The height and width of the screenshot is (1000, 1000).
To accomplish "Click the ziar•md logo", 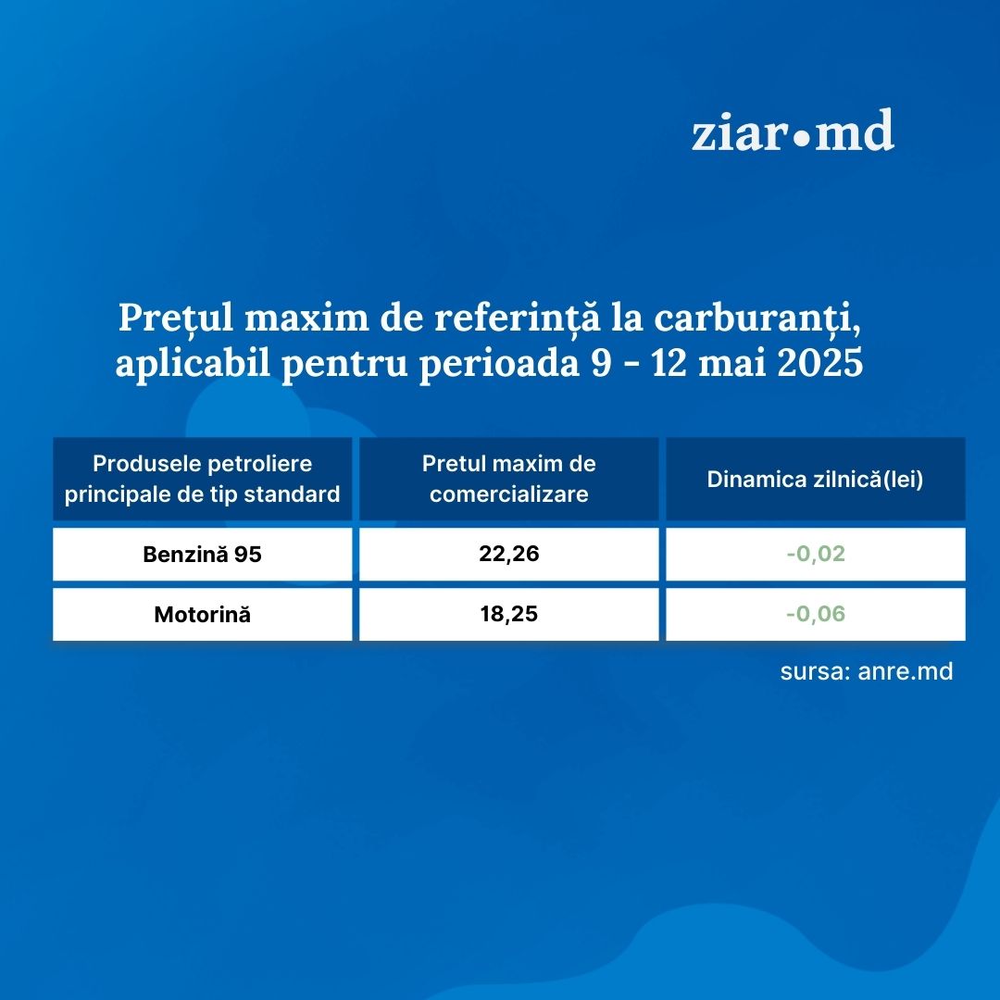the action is click(793, 131).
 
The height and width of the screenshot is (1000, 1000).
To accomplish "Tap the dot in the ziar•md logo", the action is click(800, 138).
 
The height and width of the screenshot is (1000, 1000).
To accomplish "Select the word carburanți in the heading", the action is click(757, 318).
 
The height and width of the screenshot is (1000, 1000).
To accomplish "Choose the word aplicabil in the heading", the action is click(194, 364).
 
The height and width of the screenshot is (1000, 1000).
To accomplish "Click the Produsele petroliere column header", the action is click(202, 479).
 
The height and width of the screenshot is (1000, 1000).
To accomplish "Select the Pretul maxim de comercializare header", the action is click(509, 479).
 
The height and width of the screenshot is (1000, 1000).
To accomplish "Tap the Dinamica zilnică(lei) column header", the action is click(815, 480).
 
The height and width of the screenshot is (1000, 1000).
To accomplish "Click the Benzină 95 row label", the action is click(202, 555).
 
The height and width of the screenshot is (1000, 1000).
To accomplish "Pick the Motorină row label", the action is click(202, 614).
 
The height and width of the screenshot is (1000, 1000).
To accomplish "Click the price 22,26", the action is click(509, 554).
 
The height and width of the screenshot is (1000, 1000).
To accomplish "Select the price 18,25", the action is click(509, 614).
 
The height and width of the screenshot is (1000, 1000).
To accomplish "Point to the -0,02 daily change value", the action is click(816, 554).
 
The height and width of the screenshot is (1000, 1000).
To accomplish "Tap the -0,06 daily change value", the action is click(816, 614).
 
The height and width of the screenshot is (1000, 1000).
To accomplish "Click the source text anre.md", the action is click(906, 671).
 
